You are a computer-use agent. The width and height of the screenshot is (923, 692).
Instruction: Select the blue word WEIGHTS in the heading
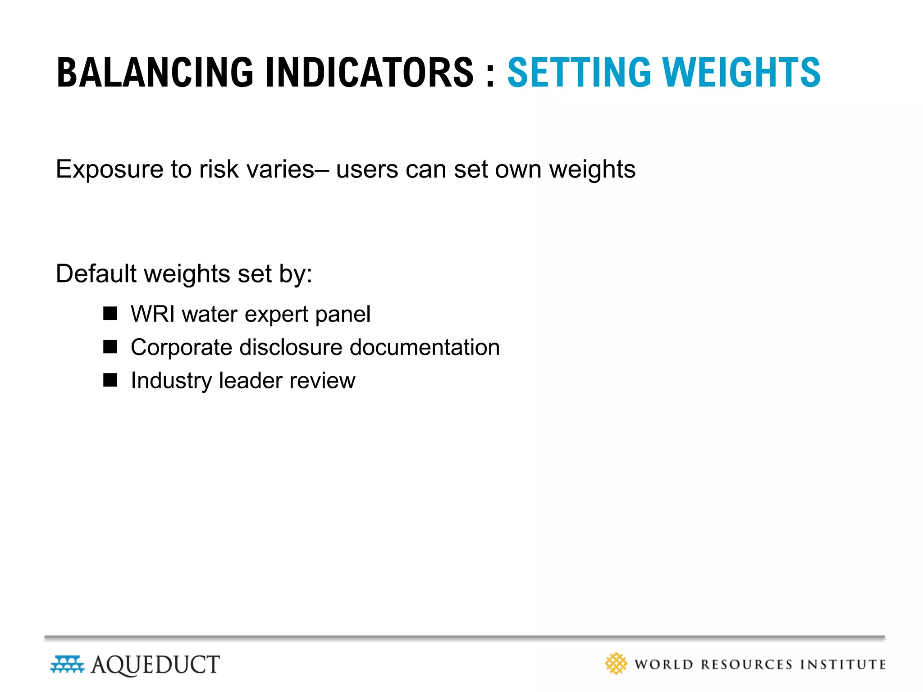tap(741, 73)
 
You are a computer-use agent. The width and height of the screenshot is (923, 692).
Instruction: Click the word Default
tap(96, 273)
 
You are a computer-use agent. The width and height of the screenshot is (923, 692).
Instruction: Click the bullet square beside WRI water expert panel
tap(110, 313)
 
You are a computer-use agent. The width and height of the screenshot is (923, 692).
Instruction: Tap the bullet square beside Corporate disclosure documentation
tap(110, 346)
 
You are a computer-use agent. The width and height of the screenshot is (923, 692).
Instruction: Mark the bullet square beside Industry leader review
tap(110, 380)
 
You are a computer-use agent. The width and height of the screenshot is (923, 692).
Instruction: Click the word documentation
tap(425, 347)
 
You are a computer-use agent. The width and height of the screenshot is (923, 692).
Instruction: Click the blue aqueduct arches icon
tap(67, 665)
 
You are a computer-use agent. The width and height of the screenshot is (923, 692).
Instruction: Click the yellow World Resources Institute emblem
tap(616, 664)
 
